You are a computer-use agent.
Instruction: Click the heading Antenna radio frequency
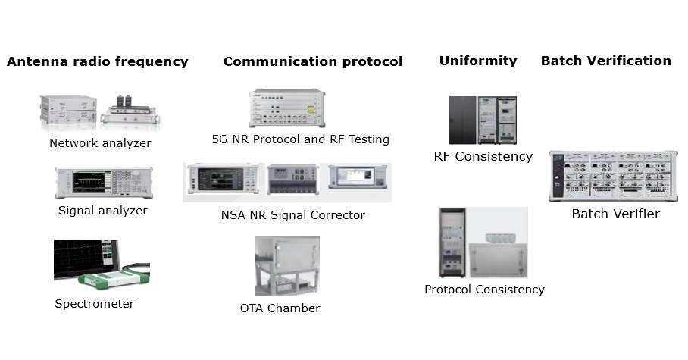click(x=97, y=62)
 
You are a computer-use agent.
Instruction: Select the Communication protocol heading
click(x=312, y=62)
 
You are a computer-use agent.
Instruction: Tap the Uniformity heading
click(x=477, y=61)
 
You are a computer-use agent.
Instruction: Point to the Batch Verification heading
click(x=605, y=61)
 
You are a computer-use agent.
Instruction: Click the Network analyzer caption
click(x=100, y=143)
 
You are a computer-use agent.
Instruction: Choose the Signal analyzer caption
click(x=102, y=211)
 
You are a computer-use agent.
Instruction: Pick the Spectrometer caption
click(x=94, y=304)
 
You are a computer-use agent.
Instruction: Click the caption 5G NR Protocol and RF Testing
click(x=300, y=139)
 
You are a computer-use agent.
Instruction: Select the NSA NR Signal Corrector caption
click(x=292, y=215)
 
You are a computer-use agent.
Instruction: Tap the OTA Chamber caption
click(x=280, y=308)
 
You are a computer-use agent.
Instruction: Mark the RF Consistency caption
click(x=483, y=157)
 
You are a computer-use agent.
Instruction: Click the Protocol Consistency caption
click(x=483, y=290)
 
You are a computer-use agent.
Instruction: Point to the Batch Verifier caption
click(x=615, y=214)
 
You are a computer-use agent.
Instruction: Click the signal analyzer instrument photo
click(x=103, y=183)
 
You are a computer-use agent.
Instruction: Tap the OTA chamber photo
click(x=286, y=266)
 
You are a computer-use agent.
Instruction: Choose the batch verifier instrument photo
click(x=612, y=176)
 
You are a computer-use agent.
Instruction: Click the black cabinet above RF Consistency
click(x=462, y=120)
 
